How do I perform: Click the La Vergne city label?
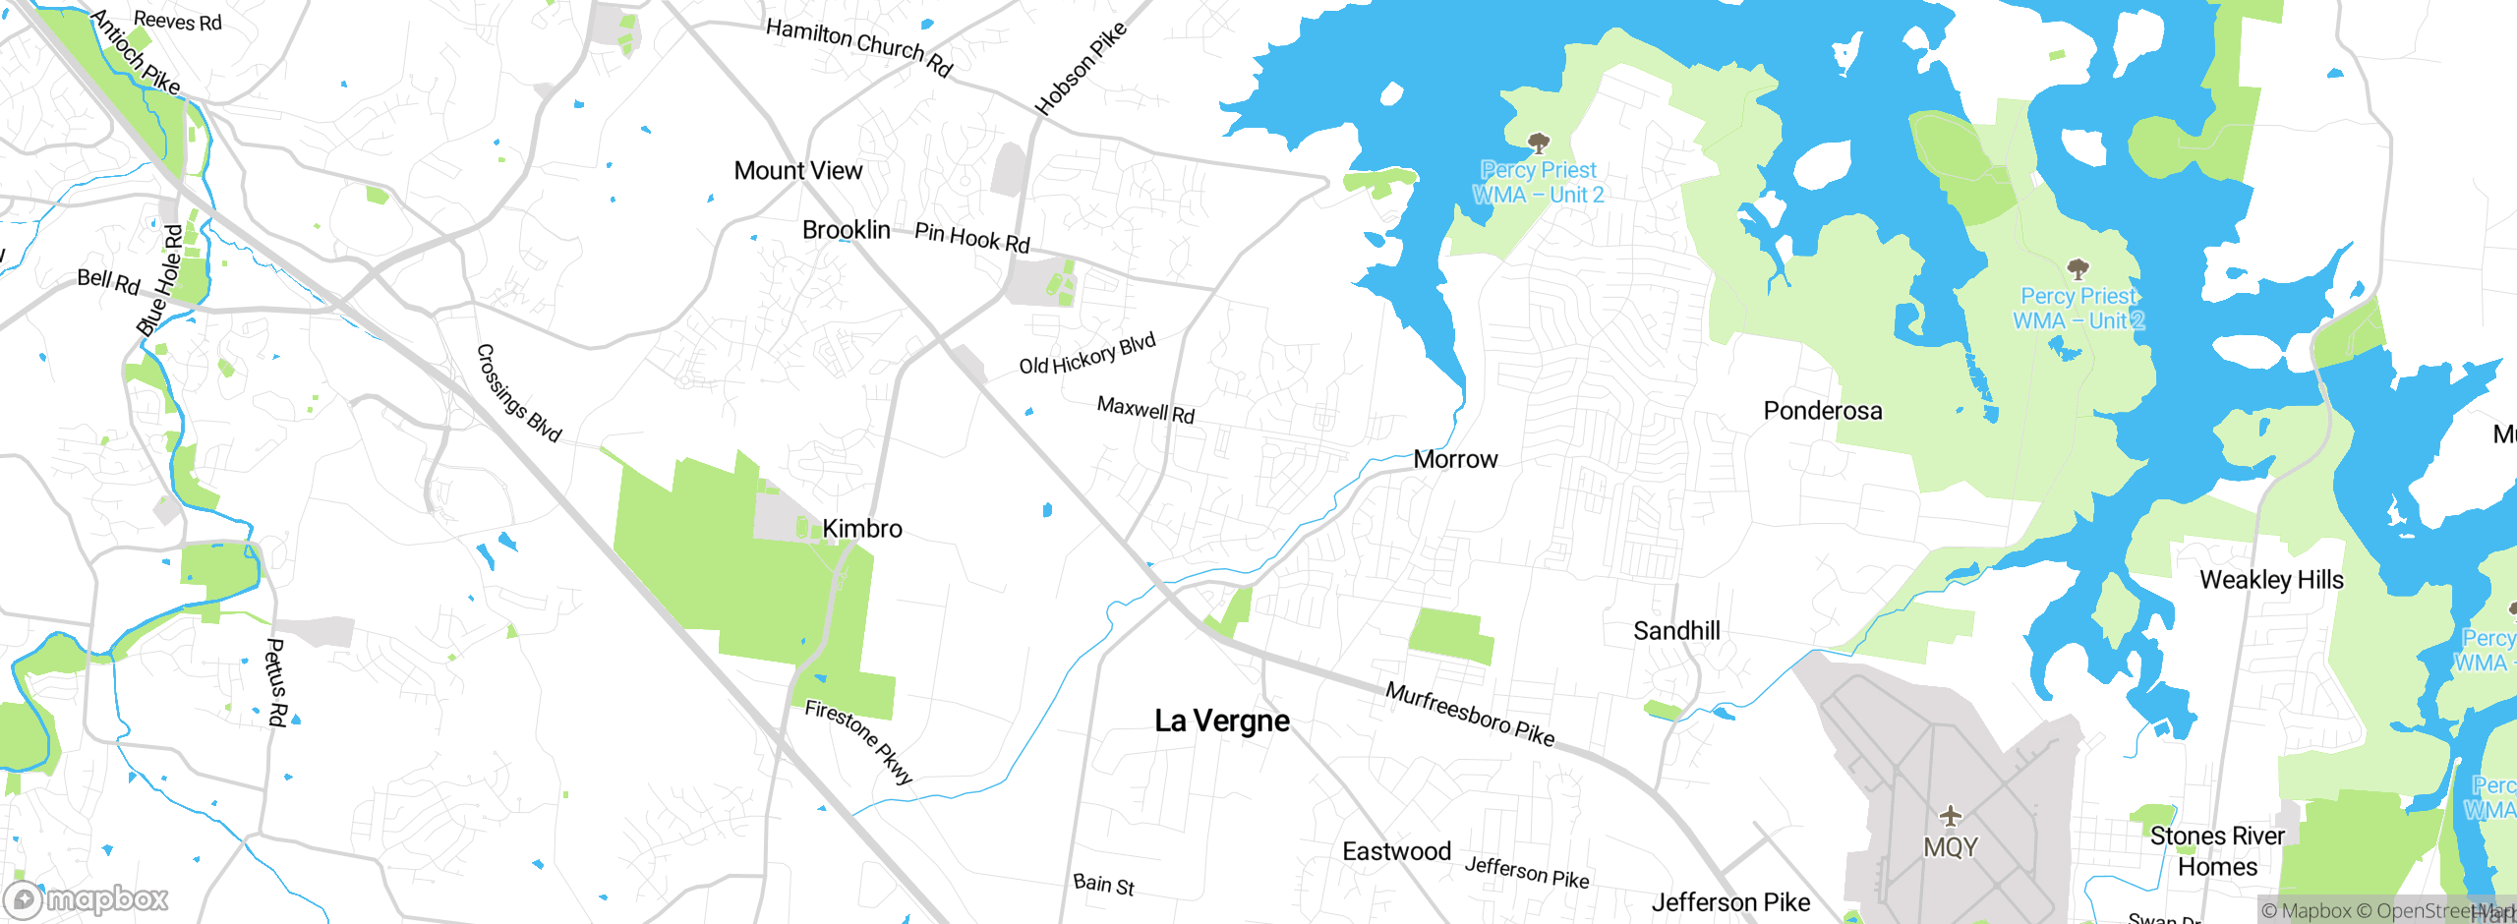[x=1221, y=722]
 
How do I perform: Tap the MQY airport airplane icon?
[x=1951, y=816]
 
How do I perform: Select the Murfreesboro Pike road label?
[x=1470, y=715]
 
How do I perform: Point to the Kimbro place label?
[x=861, y=529]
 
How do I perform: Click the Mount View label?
[x=797, y=171]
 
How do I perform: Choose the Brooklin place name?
[x=846, y=230]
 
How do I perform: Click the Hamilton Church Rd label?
[x=859, y=46]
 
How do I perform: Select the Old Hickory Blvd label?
[x=1086, y=355]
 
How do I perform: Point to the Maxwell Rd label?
[x=1145, y=410]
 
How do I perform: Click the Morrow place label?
[x=1455, y=459]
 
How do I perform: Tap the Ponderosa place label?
[x=1822, y=411]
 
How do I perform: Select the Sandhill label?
[x=1676, y=631]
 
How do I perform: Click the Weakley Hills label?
[x=2271, y=580]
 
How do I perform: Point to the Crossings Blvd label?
[x=518, y=393]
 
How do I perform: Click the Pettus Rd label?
[x=276, y=682]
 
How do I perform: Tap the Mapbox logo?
[x=87, y=899]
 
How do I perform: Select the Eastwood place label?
[x=1396, y=851]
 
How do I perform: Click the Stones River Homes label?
[x=2217, y=851]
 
